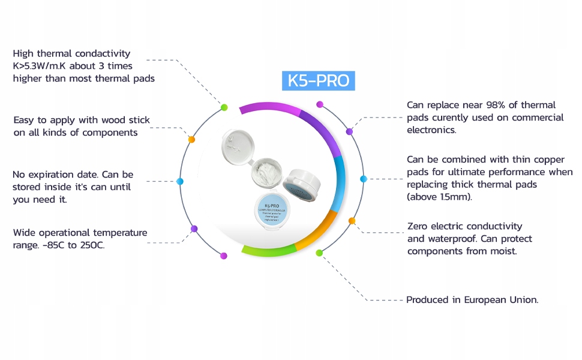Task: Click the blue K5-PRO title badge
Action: coord(319,80)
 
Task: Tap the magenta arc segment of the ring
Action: coord(270,107)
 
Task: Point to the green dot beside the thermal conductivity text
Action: coord(224,107)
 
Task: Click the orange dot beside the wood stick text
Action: coord(191,139)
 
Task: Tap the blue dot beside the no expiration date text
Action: coord(180,181)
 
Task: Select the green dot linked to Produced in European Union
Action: coord(319,253)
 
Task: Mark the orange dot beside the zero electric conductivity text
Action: coord(352,221)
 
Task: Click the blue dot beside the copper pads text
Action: coord(363,179)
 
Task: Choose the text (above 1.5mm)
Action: coord(440,196)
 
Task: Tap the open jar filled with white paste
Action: coord(265,175)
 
